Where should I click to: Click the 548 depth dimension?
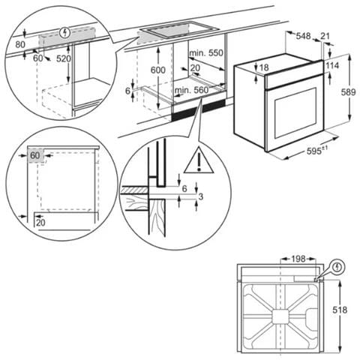pos(303,35)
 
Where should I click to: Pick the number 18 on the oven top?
pos(263,69)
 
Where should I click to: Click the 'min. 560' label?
pos(190,90)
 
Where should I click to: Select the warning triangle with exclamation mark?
pos(198,158)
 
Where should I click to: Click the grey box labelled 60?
pos(35,156)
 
